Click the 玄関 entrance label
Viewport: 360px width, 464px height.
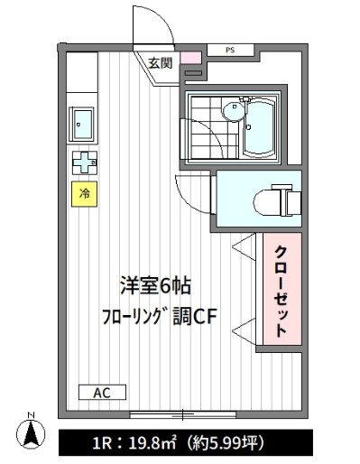[x=161, y=62]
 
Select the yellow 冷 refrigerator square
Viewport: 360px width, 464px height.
[x=84, y=193]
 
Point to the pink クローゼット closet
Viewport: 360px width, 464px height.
[x=281, y=290]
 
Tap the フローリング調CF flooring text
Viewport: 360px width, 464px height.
[x=159, y=318]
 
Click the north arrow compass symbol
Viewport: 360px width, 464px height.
[x=31, y=434]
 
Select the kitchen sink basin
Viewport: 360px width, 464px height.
[x=82, y=122]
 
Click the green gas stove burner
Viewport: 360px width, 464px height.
[x=84, y=163]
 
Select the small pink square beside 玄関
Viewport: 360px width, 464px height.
[x=189, y=59]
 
